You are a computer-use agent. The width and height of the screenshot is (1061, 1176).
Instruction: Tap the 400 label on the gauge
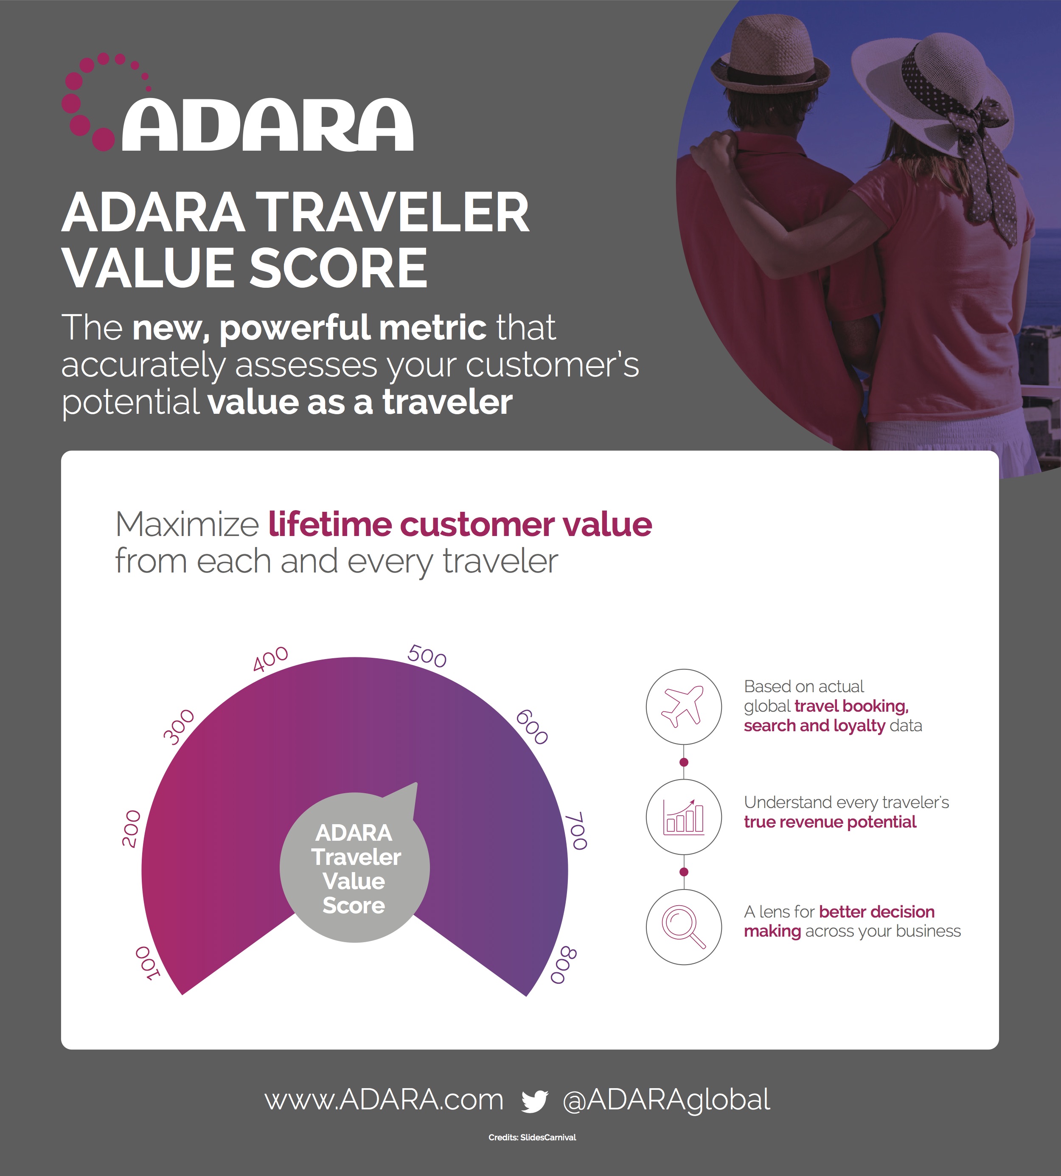point(270,659)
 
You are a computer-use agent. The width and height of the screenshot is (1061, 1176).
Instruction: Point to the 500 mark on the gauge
point(427,656)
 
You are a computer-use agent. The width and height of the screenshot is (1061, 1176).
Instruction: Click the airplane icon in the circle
point(683,706)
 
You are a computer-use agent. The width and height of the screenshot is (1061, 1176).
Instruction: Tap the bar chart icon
point(684,816)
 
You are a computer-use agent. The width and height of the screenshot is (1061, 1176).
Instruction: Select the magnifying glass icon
point(683,926)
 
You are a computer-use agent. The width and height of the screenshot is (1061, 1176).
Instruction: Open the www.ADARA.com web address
point(384,1100)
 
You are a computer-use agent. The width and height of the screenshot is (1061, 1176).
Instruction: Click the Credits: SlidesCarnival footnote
point(532,1137)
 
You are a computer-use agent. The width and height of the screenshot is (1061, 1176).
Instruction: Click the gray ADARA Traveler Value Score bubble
point(354,867)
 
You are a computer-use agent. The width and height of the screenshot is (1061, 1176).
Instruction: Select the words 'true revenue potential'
point(830,822)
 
